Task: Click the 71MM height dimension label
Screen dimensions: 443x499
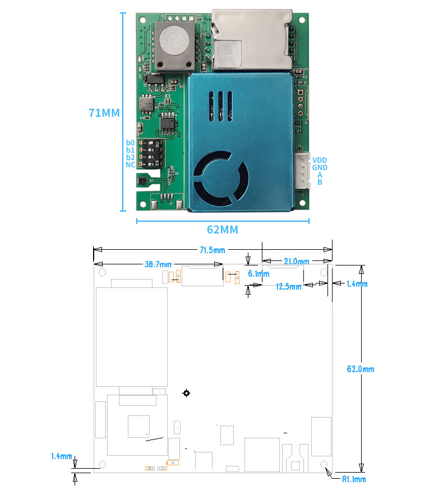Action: coord(104,112)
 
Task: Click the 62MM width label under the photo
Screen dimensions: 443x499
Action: coord(223,230)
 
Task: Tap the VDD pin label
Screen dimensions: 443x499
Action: coord(320,160)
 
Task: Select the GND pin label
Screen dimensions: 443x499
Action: coord(320,167)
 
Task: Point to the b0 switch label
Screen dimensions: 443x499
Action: coord(130,143)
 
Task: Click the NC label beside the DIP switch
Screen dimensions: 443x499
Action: coord(130,164)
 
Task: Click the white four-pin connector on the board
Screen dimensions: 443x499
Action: coord(302,171)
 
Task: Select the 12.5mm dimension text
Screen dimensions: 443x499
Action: coord(288,286)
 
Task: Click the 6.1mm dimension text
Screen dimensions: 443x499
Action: coord(259,274)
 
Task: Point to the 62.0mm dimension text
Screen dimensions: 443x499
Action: coord(360,369)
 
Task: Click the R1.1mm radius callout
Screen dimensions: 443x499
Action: coord(353,479)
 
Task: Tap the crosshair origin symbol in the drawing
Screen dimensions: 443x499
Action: coord(186,393)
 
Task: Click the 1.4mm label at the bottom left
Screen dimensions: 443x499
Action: coord(61,456)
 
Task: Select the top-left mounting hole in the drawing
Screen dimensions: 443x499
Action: coord(103,272)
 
